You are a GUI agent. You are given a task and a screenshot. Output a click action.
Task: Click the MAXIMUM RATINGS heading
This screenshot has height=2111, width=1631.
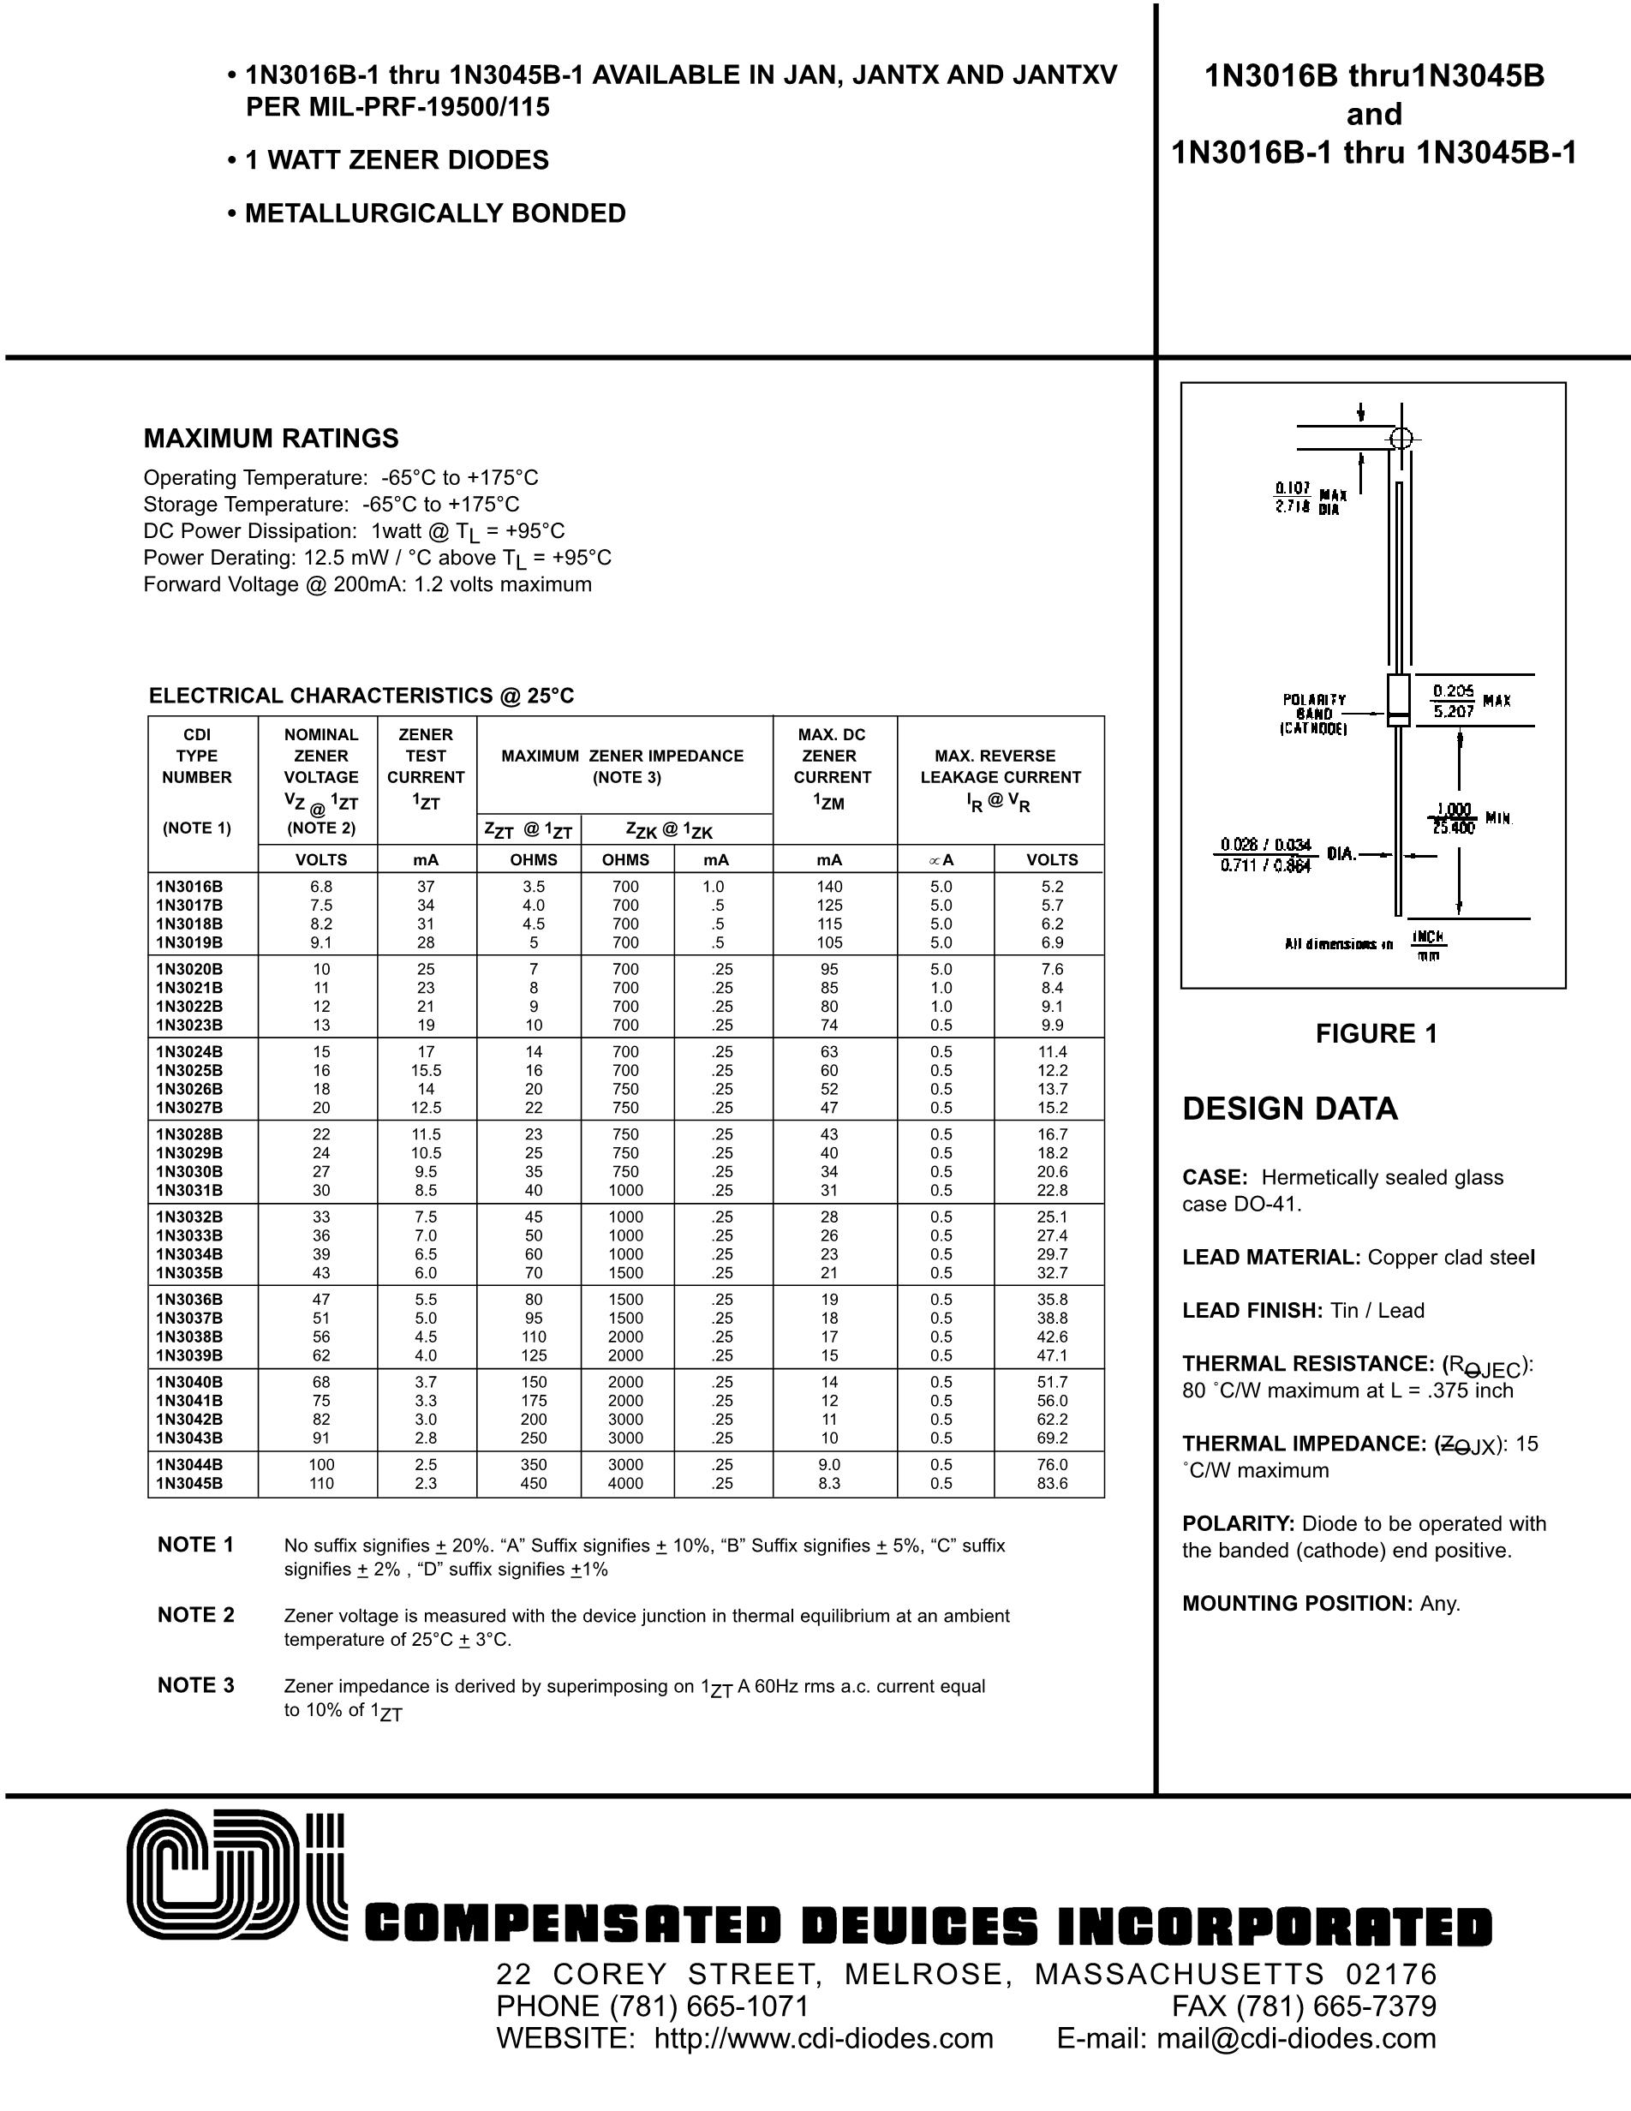point(271,439)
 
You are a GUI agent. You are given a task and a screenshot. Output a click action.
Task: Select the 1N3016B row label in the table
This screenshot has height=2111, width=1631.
point(189,887)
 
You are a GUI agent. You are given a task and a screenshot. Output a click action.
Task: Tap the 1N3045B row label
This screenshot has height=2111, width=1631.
point(189,1483)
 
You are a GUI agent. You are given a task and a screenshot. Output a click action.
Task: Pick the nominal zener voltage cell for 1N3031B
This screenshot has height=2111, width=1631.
point(320,1190)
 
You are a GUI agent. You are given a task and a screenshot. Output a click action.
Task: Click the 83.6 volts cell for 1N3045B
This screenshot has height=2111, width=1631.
point(1051,1483)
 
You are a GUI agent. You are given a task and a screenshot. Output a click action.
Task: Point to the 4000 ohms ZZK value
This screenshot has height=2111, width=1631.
point(625,1483)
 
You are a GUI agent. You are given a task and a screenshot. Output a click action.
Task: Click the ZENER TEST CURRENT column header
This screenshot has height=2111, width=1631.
point(425,767)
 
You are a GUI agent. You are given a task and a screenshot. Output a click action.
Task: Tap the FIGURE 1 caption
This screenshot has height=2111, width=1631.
point(1376,1034)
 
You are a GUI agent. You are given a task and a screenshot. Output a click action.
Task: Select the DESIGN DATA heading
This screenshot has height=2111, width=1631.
point(1290,1109)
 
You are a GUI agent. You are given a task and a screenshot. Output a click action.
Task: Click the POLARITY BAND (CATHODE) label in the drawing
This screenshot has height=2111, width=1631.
point(1314,715)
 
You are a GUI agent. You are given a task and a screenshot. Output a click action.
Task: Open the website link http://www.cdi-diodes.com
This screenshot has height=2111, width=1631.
point(823,2038)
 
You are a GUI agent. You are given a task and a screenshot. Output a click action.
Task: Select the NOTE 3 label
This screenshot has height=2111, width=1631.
point(196,1686)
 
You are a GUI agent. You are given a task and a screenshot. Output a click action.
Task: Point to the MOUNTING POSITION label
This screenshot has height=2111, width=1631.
point(1298,1604)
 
